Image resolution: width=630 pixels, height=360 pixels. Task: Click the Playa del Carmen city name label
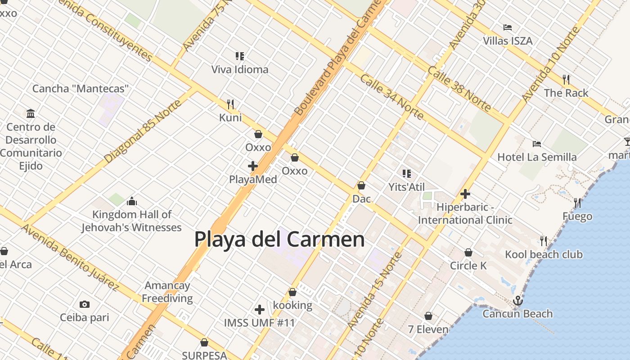coord(279,239)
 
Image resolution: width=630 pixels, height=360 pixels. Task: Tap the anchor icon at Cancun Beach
coord(518,300)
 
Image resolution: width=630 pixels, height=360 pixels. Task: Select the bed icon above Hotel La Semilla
coord(536,144)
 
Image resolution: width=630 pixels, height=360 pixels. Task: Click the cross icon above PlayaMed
coord(253,166)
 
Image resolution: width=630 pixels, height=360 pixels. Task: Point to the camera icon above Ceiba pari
coord(85,305)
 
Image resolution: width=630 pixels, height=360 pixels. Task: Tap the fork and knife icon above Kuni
coord(230,104)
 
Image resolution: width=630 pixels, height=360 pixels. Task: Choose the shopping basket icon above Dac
coord(361,185)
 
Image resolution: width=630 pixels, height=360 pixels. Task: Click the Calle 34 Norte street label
coord(391,97)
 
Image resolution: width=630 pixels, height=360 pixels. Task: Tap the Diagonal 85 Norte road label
coord(143,131)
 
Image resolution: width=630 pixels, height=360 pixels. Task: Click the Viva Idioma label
coord(240,70)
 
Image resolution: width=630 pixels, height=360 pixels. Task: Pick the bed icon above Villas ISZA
coord(508,27)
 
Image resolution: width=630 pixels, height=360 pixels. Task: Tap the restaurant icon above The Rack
coord(566,80)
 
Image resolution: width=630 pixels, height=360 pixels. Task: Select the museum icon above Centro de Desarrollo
coord(31,113)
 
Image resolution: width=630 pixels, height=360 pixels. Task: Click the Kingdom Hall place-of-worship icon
coord(132,201)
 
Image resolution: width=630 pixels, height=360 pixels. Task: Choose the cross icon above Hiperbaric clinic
coord(465,194)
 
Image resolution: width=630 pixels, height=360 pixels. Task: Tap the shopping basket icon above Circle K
coord(468,252)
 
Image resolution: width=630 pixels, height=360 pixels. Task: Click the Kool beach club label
coord(544,255)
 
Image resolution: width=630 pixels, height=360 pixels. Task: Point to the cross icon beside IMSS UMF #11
coord(260,310)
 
